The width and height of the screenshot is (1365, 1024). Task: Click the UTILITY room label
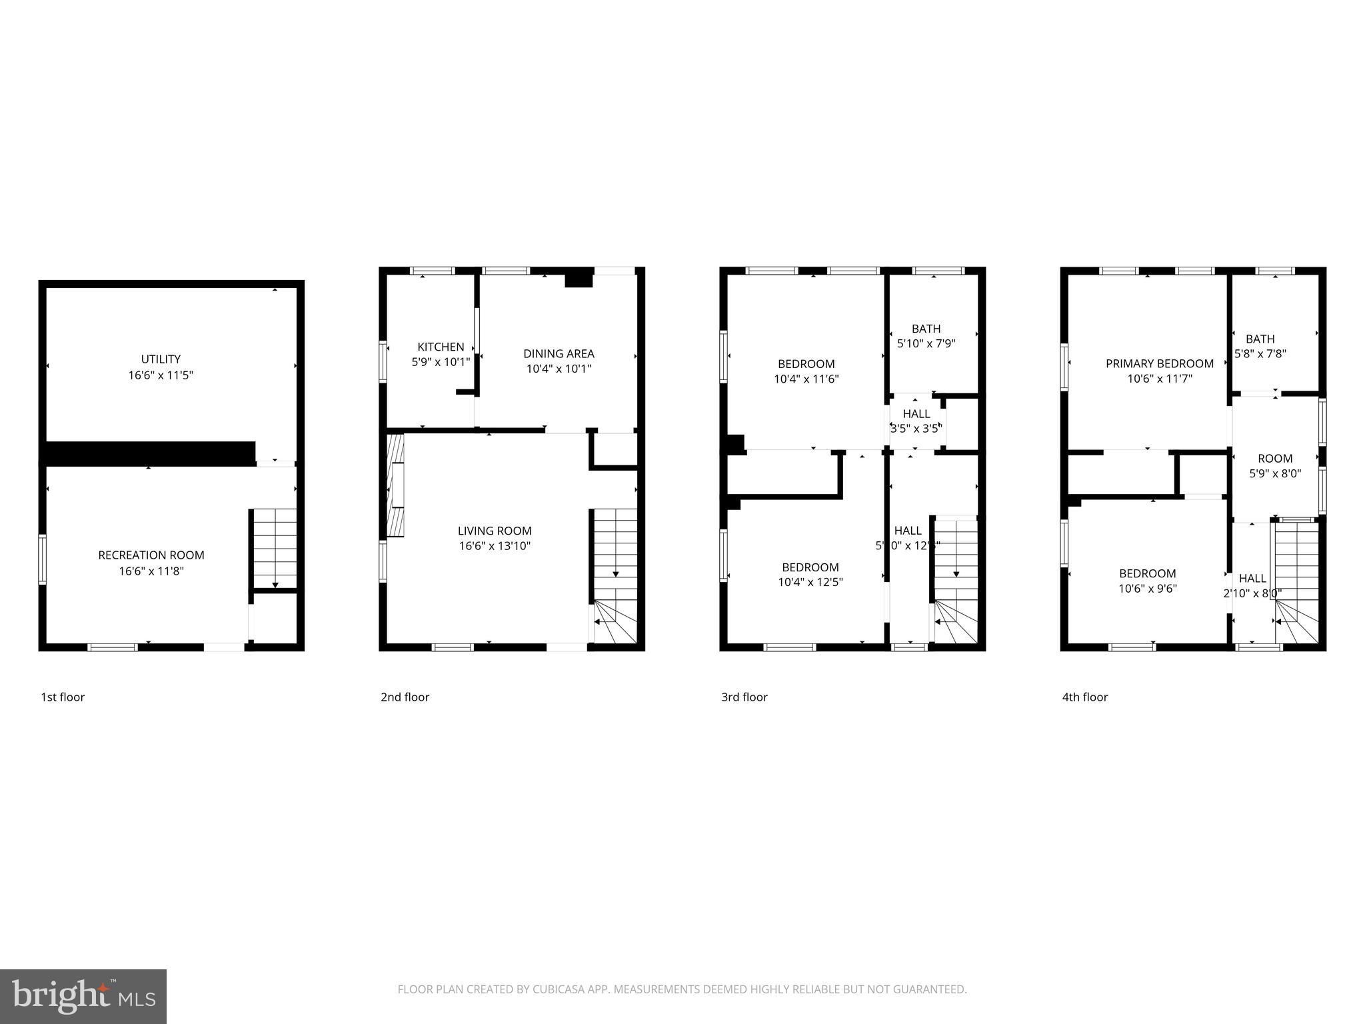pyautogui.click(x=161, y=359)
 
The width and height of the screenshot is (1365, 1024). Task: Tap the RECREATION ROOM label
pyautogui.click(x=151, y=555)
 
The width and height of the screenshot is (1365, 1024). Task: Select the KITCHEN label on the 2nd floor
pyautogui.click(x=441, y=347)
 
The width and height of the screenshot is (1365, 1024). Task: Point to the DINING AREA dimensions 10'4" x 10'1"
pyautogui.click(x=559, y=369)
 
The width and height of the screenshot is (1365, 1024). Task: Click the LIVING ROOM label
pyautogui.click(x=495, y=531)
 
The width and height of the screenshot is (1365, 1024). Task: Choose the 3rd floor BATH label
pyautogui.click(x=926, y=329)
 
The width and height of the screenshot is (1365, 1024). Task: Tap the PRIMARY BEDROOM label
pyautogui.click(x=1159, y=364)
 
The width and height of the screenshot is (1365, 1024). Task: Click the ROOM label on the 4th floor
pyautogui.click(x=1274, y=459)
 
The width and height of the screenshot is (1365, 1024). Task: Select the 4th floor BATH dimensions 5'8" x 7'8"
pyautogui.click(x=1260, y=354)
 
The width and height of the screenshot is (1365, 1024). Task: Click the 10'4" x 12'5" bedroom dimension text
pyautogui.click(x=810, y=582)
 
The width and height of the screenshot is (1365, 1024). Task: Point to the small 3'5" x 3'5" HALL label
pyautogui.click(x=916, y=414)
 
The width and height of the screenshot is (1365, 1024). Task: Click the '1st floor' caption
pyautogui.click(x=63, y=697)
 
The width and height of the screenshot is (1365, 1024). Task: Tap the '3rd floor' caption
pyautogui.click(x=744, y=697)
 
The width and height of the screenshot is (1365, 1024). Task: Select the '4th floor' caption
pyautogui.click(x=1084, y=697)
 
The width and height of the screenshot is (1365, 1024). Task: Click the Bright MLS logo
pyautogui.click(x=83, y=997)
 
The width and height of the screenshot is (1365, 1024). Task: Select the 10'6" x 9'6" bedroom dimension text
pyautogui.click(x=1147, y=589)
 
